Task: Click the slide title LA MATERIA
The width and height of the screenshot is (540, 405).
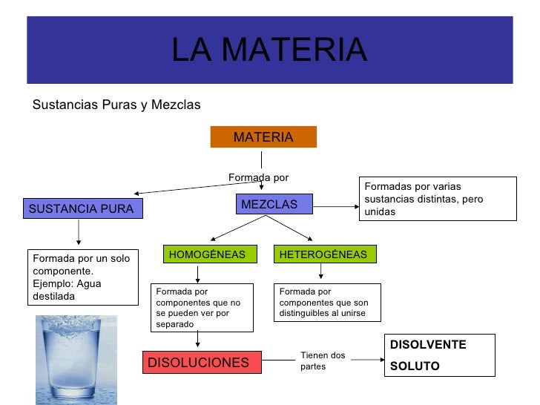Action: [x=269, y=50]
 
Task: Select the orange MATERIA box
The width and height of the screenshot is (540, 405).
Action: [x=263, y=137]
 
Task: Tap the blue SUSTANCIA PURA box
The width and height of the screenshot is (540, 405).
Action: [x=82, y=209]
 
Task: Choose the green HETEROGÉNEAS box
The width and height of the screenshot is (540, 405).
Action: [x=323, y=254]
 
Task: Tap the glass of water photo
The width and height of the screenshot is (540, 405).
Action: [x=66, y=359]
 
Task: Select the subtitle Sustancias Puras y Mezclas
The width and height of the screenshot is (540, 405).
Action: [x=116, y=105]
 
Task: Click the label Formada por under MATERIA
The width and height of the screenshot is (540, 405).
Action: [x=258, y=177]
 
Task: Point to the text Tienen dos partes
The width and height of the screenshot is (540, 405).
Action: [x=323, y=361]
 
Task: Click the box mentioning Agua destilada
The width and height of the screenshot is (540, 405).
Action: [x=82, y=277]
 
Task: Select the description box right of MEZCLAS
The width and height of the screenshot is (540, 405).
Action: [x=437, y=199]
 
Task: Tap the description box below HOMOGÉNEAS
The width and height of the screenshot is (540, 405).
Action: [x=202, y=308]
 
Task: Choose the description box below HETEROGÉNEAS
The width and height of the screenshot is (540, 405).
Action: [x=327, y=303]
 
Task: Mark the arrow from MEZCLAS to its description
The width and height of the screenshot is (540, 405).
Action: [x=336, y=206]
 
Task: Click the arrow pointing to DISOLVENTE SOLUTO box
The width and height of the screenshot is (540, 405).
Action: [x=367, y=360]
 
